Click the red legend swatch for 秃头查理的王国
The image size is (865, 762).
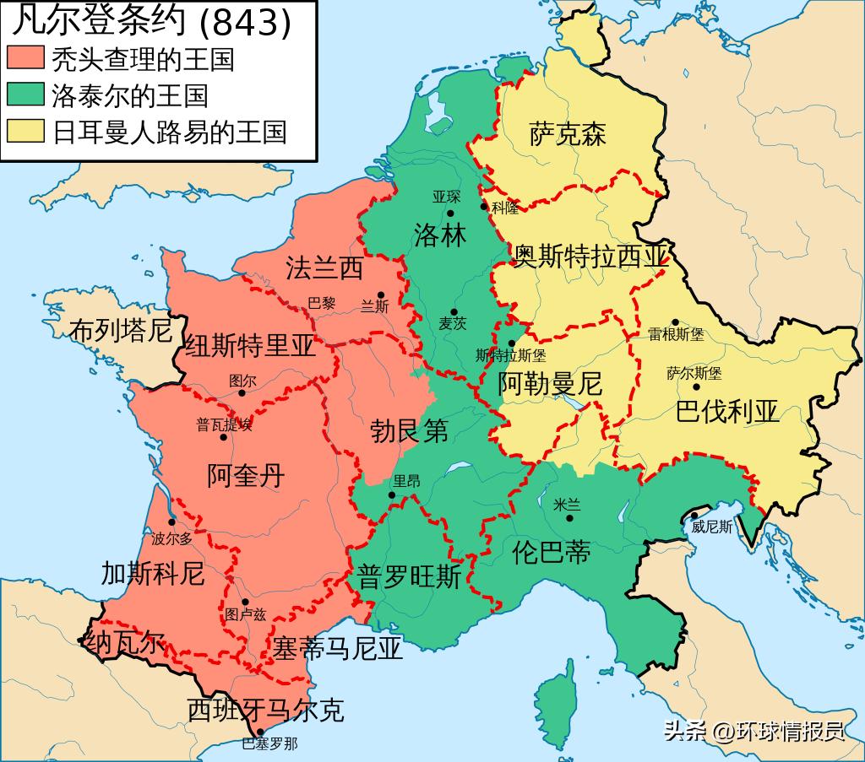tap(26, 58)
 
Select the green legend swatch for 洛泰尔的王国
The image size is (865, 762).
tap(26, 95)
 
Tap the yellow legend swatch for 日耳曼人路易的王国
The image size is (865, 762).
tap(26, 132)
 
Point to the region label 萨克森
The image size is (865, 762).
tap(568, 134)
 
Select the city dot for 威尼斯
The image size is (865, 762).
tap(694, 516)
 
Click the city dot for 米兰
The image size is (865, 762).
tap(570, 517)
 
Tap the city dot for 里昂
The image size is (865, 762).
tap(391, 495)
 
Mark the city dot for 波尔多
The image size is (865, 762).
tap(172, 522)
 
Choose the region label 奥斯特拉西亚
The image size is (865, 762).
tap(591, 257)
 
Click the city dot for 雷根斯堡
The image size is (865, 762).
tap(675, 322)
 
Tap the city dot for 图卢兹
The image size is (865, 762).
tap(246, 602)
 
